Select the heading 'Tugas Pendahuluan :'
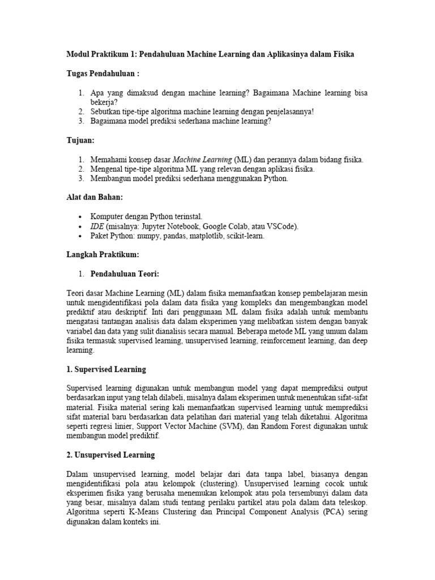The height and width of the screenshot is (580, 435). tap(103, 74)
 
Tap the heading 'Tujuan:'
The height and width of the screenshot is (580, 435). tap(80, 140)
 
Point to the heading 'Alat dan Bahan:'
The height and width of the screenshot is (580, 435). tap(95, 197)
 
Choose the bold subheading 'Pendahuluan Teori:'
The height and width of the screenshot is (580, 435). tap(125, 274)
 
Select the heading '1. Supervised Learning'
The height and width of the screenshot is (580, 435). tap(106, 369)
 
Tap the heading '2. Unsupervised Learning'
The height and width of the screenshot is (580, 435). tap(110, 455)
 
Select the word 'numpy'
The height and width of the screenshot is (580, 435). tap(155, 236)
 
